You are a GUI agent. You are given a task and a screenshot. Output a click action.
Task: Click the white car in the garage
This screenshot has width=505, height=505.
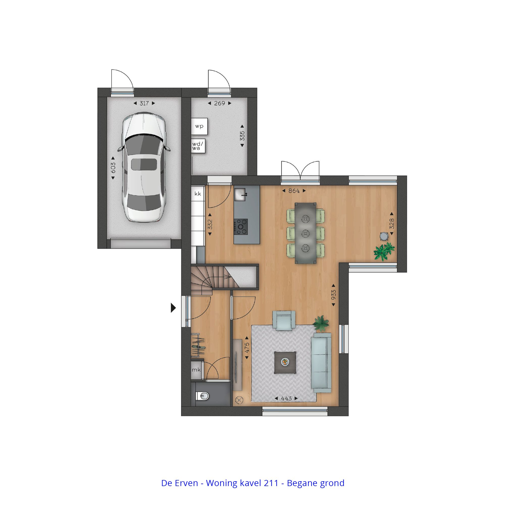click(144, 167)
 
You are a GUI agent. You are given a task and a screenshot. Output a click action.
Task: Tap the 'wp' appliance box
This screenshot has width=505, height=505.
click(199, 126)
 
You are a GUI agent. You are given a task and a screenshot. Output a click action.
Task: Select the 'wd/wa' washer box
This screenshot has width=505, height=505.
click(198, 146)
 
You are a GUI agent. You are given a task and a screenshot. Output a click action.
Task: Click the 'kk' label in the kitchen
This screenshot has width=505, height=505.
click(198, 194)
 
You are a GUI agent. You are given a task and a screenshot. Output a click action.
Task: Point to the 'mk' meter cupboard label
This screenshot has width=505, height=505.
click(196, 370)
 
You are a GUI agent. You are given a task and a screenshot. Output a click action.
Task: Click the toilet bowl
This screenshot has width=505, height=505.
click(203, 396)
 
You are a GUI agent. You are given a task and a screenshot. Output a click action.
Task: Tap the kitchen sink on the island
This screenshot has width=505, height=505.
click(240, 194)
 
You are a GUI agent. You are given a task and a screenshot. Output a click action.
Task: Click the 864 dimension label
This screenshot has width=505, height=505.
click(294, 191)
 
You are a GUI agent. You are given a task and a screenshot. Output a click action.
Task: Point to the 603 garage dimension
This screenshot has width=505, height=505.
click(113, 168)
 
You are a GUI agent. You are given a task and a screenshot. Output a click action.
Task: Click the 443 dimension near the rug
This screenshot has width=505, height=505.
click(286, 399)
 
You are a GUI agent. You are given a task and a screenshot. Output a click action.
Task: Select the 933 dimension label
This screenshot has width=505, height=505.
click(334, 295)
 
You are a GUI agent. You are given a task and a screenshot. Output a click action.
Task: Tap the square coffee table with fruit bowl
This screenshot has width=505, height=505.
click(285, 363)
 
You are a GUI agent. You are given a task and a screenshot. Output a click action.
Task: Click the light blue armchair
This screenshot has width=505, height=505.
click(284, 320)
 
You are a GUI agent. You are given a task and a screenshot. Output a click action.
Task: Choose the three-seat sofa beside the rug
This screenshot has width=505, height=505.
click(321, 363)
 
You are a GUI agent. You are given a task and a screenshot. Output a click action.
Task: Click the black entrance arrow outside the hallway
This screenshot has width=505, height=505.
click(173, 308)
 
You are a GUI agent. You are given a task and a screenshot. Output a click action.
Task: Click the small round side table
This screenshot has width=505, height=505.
click(384, 236)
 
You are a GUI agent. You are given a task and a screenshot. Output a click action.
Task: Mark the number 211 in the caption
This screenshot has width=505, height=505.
click(271, 483)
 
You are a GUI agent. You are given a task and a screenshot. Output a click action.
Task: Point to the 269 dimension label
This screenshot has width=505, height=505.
click(219, 103)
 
